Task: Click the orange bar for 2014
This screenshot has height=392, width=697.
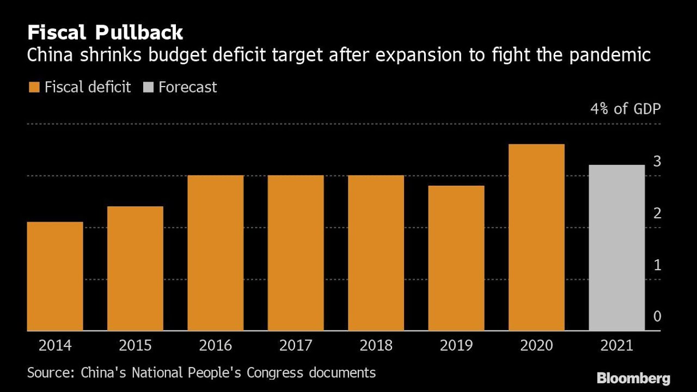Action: pos(55,276)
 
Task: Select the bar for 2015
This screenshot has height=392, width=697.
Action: pos(135,268)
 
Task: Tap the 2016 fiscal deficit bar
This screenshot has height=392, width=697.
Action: pos(216,253)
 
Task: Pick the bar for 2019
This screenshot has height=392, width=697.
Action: pos(456,258)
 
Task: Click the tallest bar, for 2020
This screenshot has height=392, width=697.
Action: pos(536,237)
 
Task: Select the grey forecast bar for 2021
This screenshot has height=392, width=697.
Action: pos(617,248)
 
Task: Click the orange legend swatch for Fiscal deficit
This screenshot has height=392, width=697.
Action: pos(34,87)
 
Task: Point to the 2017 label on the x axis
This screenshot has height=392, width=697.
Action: pos(296,345)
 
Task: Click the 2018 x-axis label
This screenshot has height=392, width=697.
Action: pos(376,345)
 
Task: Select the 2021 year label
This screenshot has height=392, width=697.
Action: pos(617,345)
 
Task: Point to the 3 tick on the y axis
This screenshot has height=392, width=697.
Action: pos(657,161)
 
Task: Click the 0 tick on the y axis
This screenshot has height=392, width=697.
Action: pos(657,316)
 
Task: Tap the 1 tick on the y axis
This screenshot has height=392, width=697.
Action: pos(657,265)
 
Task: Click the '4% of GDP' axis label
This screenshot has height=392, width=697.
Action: pos(625,109)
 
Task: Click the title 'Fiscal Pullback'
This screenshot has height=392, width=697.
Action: pos(105,33)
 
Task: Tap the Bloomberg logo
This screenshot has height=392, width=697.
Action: pos(633,378)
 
